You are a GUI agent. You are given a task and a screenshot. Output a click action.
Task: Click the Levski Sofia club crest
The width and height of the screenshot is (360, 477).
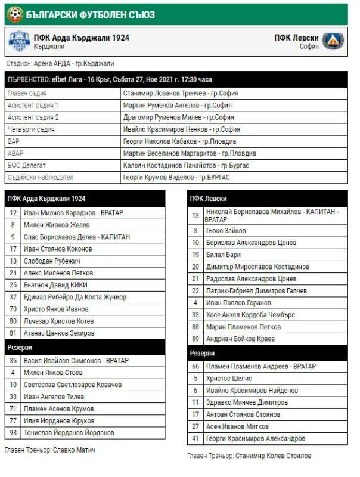333,41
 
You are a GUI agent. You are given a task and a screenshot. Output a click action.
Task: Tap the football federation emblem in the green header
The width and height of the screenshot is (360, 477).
14,13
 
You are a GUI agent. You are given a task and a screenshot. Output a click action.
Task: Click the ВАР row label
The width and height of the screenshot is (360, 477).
13,142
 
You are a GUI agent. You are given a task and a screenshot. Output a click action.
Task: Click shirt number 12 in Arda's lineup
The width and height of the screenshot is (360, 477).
13,213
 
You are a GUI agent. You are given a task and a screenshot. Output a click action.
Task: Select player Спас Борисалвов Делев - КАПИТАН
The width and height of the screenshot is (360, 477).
76,237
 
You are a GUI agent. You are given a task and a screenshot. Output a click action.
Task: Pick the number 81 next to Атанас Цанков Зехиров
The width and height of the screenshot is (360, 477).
13,333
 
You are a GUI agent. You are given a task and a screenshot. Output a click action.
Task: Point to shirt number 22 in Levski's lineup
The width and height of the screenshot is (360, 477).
195,291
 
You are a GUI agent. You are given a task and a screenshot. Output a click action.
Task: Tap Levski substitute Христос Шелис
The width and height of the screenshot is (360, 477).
230,379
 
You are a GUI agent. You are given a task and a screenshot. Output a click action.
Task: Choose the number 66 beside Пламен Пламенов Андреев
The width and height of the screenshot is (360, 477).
195,367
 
